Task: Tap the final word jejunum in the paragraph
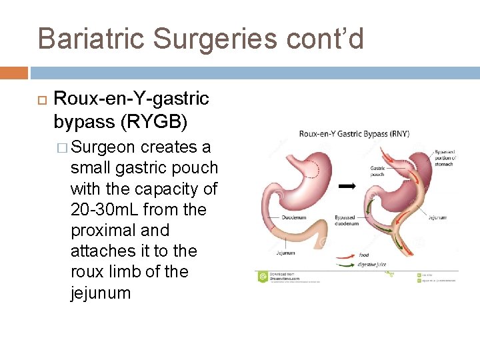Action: tap(101, 293)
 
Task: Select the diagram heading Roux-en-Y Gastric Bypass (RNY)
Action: tap(354, 134)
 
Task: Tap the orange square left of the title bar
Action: tap(14, 72)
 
